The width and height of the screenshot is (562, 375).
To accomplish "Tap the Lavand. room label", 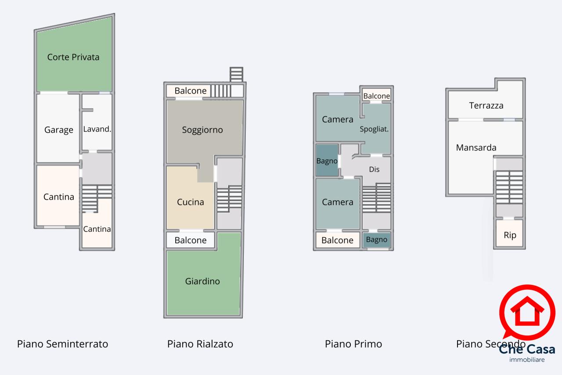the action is [x=97, y=129].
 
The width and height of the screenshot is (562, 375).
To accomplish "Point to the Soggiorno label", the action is [x=202, y=130].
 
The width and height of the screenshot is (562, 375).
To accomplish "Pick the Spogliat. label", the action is [x=374, y=129].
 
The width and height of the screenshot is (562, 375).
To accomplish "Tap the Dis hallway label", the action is [x=374, y=169].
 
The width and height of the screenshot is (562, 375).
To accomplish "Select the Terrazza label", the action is [x=486, y=106].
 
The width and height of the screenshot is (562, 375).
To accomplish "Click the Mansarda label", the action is [x=476, y=148].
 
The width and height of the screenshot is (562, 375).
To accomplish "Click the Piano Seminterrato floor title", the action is [x=62, y=344].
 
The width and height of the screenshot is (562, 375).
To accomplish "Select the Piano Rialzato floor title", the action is [x=200, y=344].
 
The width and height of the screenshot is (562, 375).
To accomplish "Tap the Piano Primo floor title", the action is [x=353, y=344].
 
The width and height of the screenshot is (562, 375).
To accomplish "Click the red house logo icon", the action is [x=527, y=312].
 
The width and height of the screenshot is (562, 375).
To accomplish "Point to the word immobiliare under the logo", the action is [x=527, y=360].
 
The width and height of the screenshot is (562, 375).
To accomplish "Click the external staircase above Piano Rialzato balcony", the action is [x=236, y=75].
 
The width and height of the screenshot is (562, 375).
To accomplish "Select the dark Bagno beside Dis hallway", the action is [x=327, y=160].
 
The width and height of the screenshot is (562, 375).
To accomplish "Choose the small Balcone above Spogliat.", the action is [x=376, y=95].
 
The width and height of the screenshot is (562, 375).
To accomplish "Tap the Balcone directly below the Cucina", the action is [x=191, y=240].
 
